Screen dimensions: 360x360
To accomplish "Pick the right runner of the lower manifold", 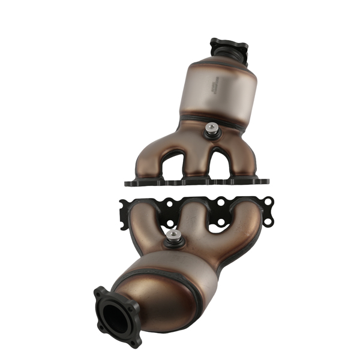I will click(249, 222).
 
